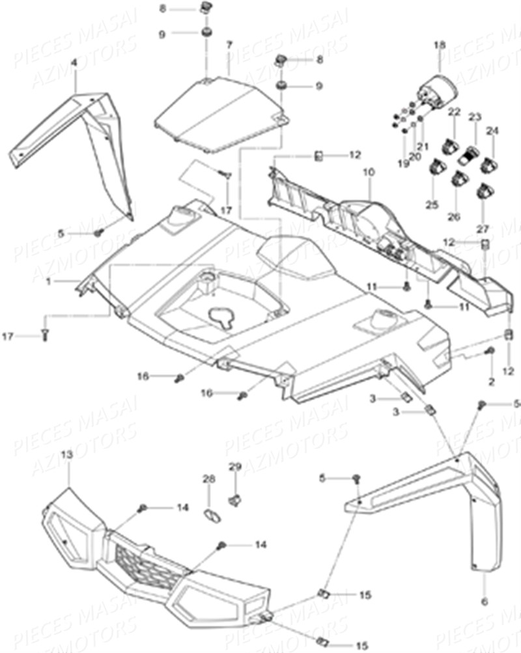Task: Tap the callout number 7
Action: (x=229, y=45)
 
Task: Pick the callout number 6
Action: (x=484, y=600)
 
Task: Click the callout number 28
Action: (x=208, y=479)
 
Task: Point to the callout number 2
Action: (x=491, y=380)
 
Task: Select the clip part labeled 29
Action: (x=234, y=500)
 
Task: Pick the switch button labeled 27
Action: (x=484, y=190)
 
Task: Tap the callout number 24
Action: (x=492, y=130)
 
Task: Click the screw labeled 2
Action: (x=490, y=352)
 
